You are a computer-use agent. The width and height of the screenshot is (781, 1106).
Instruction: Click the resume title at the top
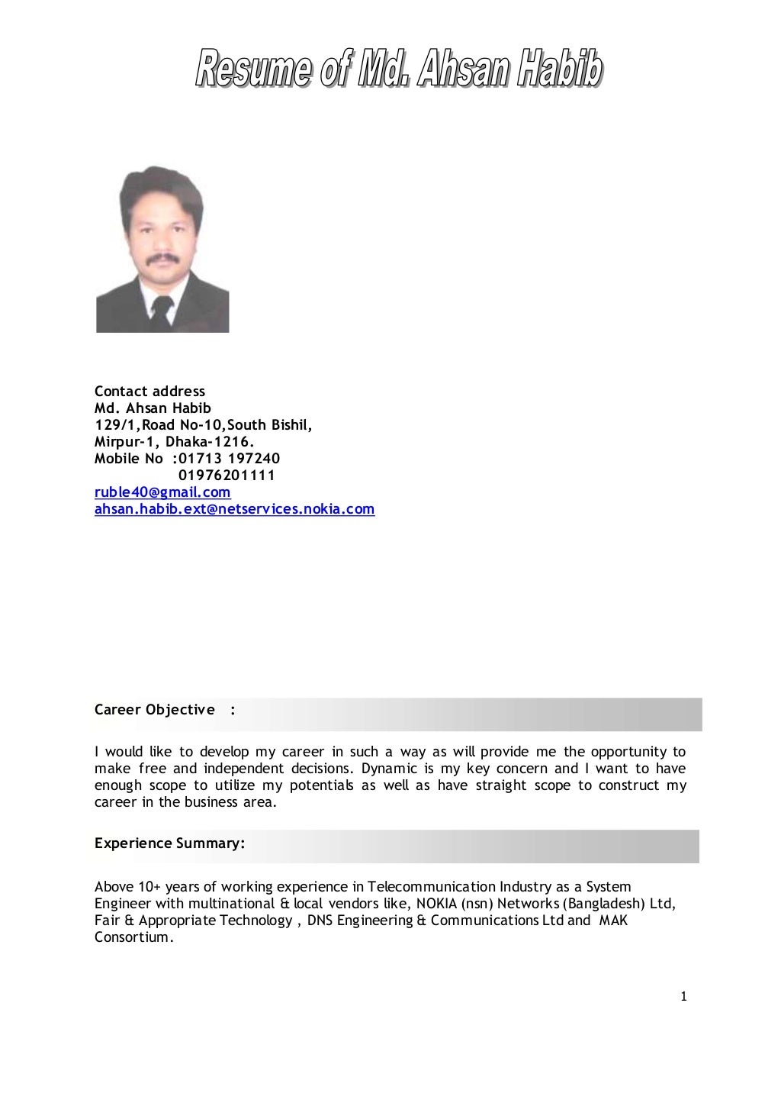(399, 69)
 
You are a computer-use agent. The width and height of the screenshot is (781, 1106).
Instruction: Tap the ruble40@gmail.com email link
(162, 492)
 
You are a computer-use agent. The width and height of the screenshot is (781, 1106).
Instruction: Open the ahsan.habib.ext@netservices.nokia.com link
(234, 509)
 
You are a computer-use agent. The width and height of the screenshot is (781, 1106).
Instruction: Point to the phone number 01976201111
(227, 476)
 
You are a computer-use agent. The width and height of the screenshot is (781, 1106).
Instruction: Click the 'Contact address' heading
(149, 392)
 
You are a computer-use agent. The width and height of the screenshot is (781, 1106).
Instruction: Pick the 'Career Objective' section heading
(155, 710)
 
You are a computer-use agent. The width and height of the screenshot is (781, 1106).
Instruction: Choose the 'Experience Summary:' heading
(169, 843)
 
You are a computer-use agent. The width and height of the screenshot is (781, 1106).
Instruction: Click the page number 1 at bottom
(683, 996)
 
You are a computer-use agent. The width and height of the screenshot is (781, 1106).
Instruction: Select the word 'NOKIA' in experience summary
(436, 904)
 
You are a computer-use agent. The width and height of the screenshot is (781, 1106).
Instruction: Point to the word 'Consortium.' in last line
(134, 937)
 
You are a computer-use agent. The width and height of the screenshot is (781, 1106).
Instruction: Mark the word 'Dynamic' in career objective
(389, 769)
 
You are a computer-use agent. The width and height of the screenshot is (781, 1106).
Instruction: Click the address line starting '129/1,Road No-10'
(203, 425)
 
